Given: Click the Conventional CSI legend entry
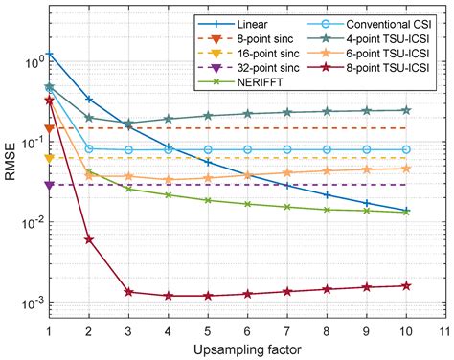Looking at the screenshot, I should point(379,22).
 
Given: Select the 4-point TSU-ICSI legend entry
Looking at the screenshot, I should point(379,38).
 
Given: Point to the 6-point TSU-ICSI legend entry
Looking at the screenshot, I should point(379,55).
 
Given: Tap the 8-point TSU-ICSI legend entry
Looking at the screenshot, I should point(379,71).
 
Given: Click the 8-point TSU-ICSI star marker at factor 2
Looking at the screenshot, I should point(89,239).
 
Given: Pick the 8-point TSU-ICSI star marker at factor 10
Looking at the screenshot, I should point(406,285).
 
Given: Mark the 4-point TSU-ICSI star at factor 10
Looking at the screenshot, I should point(406,110).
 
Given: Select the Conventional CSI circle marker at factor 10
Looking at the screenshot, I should point(406,149).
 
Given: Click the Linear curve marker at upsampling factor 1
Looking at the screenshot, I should point(50,55).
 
